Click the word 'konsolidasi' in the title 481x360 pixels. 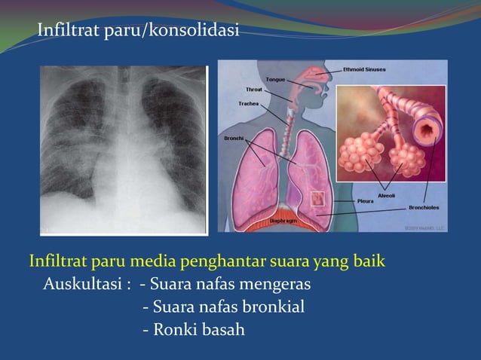pyautogui.click(x=195, y=31)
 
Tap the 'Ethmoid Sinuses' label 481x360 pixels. pyautogui.click(x=364, y=69)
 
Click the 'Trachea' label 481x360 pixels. pyautogui.click(x=249, y=103)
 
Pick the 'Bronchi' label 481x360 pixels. pyautogui.click(x=233, y=139)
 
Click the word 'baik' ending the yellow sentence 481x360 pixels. pyautogui.click(x=369, y=263)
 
